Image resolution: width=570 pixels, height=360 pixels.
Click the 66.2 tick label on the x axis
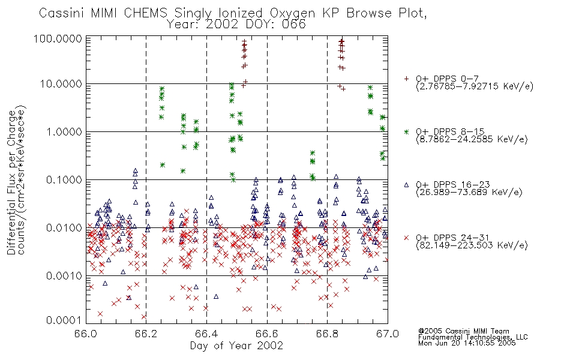pos(146,334)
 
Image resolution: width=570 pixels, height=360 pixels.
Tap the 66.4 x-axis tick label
pos(206,334)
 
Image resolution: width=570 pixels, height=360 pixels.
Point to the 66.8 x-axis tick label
pos(327,334)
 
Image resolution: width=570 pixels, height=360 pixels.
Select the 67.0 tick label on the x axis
pos(388,334)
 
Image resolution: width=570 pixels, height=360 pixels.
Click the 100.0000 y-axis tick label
pos(58,38)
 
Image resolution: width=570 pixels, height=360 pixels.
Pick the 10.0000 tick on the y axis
pos(61,84)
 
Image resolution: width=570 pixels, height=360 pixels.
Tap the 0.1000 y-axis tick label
pos(64,180)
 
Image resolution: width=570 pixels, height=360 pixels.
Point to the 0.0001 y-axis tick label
pos(64,320)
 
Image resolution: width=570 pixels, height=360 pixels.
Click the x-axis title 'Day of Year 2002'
pos(236,346)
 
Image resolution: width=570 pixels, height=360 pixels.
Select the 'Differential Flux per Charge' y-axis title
pos(11,182)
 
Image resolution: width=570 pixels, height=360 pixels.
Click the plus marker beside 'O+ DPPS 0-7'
pos(406,79)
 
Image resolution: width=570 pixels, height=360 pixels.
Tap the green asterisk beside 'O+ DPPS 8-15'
pos(406,131)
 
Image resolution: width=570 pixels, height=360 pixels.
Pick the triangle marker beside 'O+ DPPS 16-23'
pos(406,185)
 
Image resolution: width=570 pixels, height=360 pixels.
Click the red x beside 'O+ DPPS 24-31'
pos(406,238)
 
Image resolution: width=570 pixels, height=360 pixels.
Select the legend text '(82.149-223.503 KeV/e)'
pos(472,245)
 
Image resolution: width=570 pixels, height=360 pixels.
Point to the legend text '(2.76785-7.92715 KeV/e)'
pos(475,86)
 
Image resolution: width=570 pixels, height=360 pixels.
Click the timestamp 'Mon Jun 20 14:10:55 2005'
pos(467,343)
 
